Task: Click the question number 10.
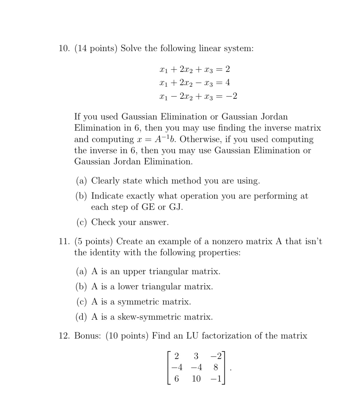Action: pos(65,49)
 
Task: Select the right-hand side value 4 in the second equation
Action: pos(228,83)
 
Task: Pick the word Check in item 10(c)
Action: pos(103,222)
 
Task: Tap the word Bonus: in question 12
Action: pos(88,336)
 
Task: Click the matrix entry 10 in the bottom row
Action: pos(196,379)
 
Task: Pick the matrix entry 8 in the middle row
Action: pos(216,367)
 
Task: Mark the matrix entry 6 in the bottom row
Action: pos(176,379)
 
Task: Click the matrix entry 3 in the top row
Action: pos(196,356)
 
